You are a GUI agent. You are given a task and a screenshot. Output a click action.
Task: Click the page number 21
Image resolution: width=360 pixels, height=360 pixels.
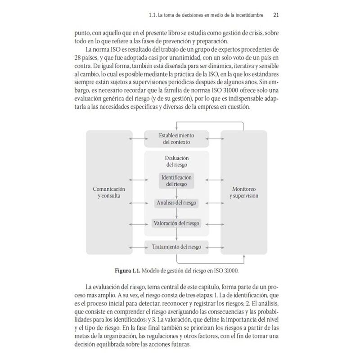(277, 15)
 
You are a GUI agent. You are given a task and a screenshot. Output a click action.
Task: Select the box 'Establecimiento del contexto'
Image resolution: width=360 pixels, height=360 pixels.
(176, 139)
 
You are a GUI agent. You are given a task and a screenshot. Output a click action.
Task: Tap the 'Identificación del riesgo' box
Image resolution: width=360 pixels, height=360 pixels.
(176, 180)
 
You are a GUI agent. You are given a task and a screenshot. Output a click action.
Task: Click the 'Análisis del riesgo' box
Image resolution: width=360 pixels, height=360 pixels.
(176, 203)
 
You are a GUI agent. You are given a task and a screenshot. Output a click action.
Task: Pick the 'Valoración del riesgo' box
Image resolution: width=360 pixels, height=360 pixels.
(176, 223)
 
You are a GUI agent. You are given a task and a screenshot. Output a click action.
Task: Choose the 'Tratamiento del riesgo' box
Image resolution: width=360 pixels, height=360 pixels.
(176, 246)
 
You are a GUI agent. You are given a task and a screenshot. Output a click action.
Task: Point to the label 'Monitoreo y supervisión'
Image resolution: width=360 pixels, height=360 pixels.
(243, 193)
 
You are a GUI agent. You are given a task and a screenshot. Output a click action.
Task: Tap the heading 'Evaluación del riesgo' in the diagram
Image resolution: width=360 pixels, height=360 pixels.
(176, 161)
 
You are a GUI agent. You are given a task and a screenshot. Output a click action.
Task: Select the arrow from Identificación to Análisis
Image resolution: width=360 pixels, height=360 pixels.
(176, 194)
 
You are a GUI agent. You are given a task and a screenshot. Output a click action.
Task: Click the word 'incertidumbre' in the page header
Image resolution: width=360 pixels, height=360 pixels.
(250, 15)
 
